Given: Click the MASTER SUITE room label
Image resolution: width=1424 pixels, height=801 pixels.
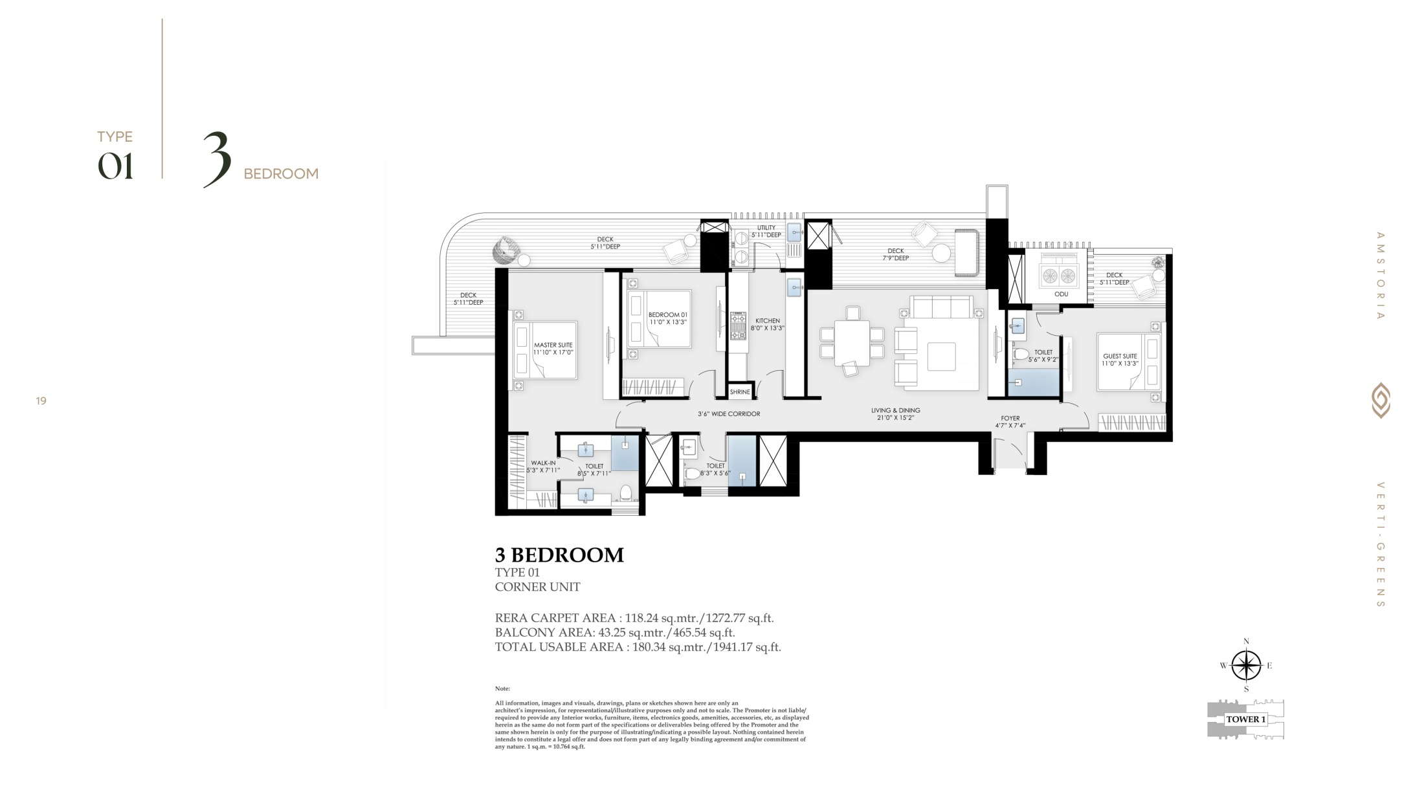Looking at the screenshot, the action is (x=553, y=349).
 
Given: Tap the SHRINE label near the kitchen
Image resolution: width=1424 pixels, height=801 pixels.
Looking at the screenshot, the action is (x=740, y=392).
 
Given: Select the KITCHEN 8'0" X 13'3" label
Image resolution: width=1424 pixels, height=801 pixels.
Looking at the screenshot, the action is (x=768, y=324).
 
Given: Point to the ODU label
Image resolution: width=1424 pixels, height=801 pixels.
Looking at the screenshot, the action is (x=1061, y=294).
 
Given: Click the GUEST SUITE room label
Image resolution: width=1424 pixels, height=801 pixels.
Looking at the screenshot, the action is (x=1120, y=360).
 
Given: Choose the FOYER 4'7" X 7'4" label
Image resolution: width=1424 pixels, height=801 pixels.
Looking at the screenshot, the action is (x=1010, y=422).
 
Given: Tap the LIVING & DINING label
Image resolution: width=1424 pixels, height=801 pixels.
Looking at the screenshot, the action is (x=895, y=414).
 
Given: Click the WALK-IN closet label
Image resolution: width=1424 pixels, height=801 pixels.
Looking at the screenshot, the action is (x=543, y=466).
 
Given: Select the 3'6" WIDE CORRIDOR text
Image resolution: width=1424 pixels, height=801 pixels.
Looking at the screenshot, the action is (x=729, y=413).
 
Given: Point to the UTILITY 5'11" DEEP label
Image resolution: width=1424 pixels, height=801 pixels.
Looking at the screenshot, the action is (x=766, y=231).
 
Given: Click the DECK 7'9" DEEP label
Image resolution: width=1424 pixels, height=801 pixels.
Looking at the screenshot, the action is (x=896, y=254).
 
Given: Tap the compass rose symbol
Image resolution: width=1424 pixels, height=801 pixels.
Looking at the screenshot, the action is (x=1246, y=666).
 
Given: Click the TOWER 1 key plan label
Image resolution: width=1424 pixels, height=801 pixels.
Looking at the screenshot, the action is (x=1246, y=719).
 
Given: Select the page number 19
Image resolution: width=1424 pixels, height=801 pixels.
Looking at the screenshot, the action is (x=41, y=401).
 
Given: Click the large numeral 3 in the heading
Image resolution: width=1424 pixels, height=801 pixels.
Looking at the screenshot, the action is (x=217, y=159).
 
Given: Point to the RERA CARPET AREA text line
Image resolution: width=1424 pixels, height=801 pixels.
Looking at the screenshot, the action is (x=634, y=618).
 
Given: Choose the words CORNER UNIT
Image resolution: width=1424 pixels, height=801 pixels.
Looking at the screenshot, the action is (x=537, y=587).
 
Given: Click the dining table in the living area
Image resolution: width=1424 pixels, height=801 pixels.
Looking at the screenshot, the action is (x=852, y=343).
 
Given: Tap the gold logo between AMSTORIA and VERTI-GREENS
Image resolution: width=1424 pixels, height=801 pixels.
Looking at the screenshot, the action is (x=1381, y=400).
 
